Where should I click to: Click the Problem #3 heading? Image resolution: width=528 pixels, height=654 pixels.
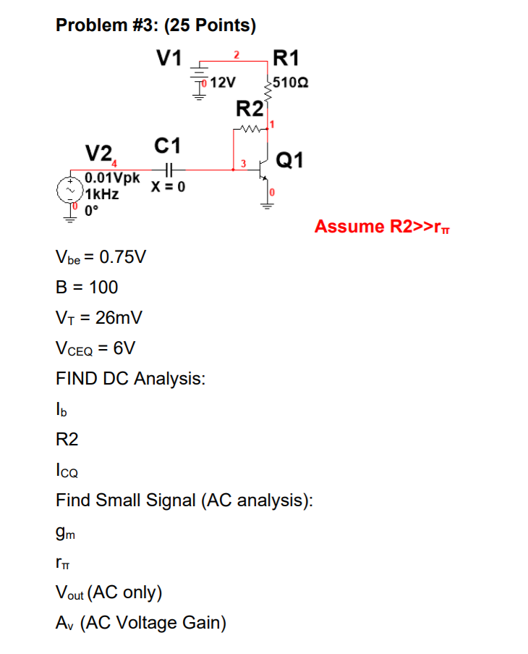(156, 26)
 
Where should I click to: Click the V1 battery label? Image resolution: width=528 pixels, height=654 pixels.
(171, 57)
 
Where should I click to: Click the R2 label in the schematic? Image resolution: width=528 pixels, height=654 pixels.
(250, 110)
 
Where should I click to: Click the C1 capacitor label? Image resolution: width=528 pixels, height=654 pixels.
(168, 145)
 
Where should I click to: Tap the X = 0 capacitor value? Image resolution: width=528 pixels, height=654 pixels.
(168, 187)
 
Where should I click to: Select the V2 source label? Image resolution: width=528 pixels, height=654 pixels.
(98, 153)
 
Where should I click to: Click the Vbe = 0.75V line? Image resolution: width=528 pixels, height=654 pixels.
(101, 258)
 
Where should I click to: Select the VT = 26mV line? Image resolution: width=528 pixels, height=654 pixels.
(98, 317)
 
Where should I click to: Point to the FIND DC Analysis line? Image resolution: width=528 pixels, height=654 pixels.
(130, 378)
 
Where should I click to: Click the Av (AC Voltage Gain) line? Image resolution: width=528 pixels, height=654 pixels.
(141, 623)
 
